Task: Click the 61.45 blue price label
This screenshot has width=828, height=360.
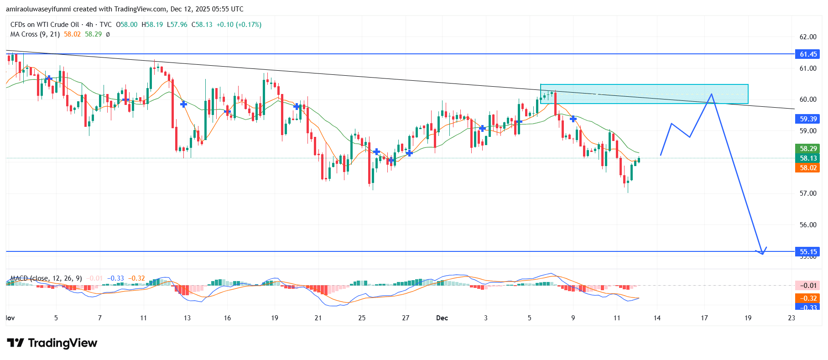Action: tap(808, 54)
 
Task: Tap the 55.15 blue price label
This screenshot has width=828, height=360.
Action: tap(808, 252)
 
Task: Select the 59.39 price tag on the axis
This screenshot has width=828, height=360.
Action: tap(808, 119)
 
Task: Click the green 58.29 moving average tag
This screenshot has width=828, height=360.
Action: tap(808, 149)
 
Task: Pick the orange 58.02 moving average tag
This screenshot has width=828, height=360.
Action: tap(808, 168)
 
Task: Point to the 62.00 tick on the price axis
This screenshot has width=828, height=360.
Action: tap(808, 37)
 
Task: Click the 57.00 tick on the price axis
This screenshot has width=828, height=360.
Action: tap(808, 193)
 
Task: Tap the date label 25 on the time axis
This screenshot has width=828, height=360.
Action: tap(362, 318)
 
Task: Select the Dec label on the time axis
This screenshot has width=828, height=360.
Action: tap(442, 318)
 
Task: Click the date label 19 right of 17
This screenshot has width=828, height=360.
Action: tap(748, 318)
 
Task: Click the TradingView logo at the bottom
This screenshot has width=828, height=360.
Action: tap(52, 343)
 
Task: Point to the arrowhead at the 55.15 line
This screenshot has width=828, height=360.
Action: tap(762, 253)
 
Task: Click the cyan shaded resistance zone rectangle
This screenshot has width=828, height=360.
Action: tap(644, 94)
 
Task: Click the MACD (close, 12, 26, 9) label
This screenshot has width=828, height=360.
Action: tap(46, 278)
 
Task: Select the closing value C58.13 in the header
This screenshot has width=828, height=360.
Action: tap(202, 25)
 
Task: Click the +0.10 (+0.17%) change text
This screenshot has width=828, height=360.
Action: tap(239, 25)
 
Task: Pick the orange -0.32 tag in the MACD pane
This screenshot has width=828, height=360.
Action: tap(808, 298)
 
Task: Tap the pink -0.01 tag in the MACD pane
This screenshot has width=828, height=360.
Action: tap(808, 286)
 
